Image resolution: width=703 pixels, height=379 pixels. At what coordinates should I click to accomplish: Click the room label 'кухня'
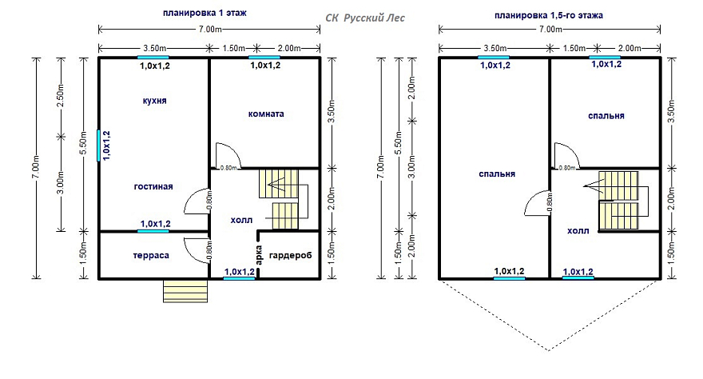point(155,101)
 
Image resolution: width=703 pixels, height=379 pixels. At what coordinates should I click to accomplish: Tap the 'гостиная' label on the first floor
point(153,186)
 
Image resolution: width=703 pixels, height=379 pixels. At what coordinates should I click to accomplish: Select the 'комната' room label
point(266,114)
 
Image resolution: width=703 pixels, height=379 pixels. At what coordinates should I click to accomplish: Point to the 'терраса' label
point(151,256)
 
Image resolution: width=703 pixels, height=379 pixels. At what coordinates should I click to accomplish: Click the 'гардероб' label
point(290,256)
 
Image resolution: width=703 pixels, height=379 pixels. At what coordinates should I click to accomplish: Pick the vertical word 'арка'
point(259,255)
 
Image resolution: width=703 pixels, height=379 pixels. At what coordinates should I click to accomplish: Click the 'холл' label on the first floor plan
point(241,220)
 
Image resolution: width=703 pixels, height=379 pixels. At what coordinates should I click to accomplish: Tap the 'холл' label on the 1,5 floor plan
point(578,231)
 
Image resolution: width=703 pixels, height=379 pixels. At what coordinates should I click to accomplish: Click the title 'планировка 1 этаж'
point(205,13)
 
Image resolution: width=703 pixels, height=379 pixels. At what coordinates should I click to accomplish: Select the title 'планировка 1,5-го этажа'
point(549,15)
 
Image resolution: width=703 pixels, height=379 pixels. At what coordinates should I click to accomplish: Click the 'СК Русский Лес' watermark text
point(365,18)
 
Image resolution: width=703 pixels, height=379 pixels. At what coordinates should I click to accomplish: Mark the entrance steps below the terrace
point(185,290)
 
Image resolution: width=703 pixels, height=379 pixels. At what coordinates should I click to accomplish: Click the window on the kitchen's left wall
point(98,146)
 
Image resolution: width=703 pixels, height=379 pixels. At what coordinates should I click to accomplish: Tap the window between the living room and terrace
point(153,231)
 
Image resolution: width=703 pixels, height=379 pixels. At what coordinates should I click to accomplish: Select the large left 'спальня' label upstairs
point(497,174)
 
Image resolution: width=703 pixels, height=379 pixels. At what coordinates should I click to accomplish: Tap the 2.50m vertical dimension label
point(61,95)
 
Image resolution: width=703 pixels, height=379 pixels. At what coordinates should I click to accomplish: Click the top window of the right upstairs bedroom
point(605,58)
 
